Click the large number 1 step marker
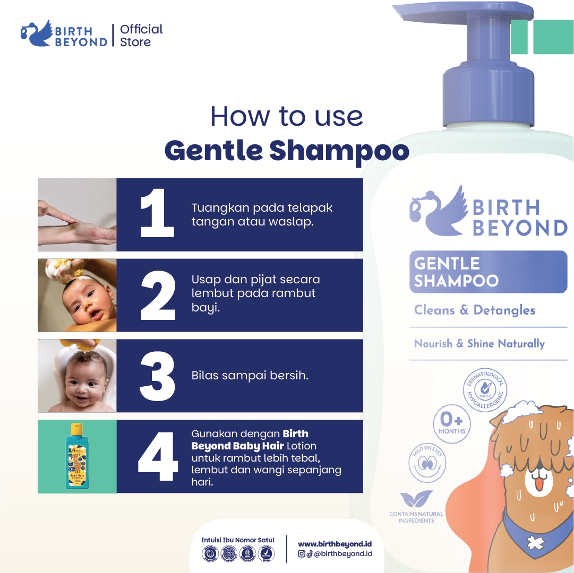[157, 214]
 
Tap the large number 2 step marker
[158, 295]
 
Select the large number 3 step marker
[158, 376]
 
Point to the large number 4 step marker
[158, 456]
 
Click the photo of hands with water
[77, 214]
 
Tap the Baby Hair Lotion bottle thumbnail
[78, 456]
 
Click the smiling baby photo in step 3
[77, 376]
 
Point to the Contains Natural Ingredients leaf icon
[416, 499]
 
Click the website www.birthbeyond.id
[335, 544]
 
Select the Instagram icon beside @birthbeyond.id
[302, 554]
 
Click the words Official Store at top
[141, 36]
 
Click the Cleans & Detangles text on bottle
[475, 310]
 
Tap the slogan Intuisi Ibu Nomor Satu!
[237, 540]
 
